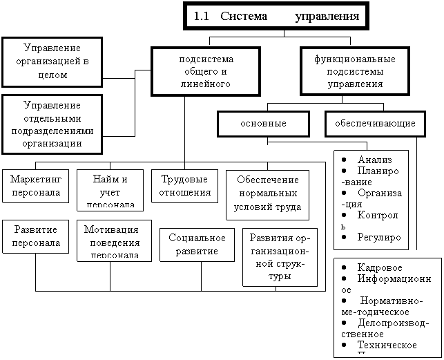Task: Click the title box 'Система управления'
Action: [276, 16]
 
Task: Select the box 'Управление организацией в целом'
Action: [52, 61]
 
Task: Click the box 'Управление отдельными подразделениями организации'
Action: [52, 124]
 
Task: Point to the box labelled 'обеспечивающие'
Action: [374, 124]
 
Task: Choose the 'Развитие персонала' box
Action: [35, 236]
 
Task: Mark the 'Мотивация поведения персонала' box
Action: [113, 240]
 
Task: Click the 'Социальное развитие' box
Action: [197, 244]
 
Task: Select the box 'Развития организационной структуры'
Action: [280, 256]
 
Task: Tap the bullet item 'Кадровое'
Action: [380, 267]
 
